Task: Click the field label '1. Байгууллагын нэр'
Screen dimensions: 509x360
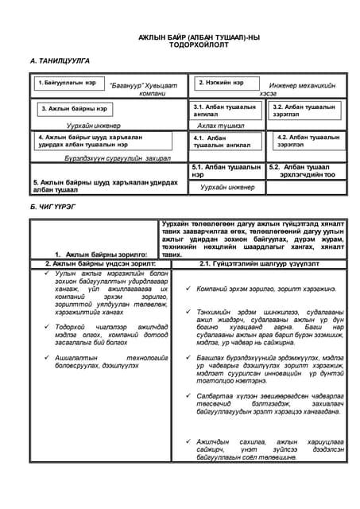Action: tap(67, 82)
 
